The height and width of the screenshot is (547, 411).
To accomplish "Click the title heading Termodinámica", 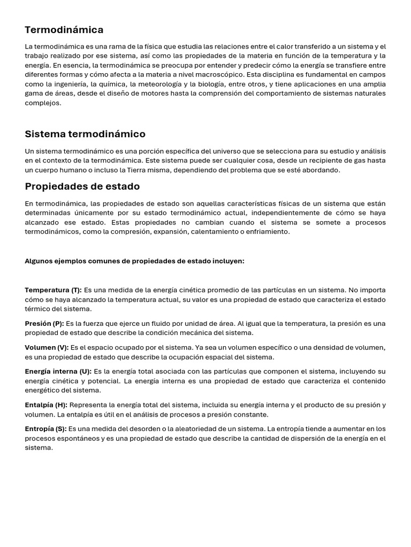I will point(64,30).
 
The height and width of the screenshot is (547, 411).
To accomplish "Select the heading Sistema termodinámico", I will point(85,134).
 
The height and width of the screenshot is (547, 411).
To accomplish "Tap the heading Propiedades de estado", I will point(82,186).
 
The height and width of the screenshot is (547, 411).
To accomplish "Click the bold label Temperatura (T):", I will point(53,290).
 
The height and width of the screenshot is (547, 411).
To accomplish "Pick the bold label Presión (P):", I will point(44,324).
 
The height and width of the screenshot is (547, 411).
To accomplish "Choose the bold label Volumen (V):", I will point(47,348).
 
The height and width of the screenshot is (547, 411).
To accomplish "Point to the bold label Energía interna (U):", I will point(58,372).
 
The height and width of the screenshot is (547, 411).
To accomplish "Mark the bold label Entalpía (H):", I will point(46,405).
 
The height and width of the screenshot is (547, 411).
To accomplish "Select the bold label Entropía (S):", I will point(45,429).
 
